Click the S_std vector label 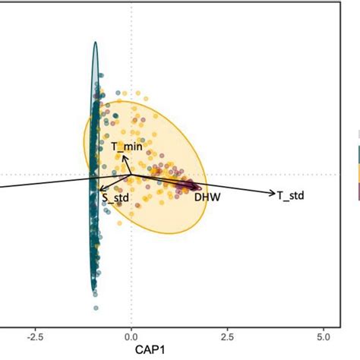[115, 199]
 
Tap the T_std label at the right [290, 195]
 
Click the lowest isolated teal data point [96, 308]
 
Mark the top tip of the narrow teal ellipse [95, 42]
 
